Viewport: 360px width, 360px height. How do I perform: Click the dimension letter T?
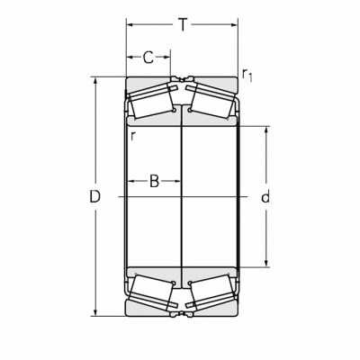pos(183,24)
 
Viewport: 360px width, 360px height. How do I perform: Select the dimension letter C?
pos(148,58)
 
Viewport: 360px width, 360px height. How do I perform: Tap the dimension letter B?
pos(154,181)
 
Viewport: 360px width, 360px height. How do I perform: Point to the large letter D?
pos(95,197)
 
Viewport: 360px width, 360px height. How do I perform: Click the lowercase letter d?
pos(265,197)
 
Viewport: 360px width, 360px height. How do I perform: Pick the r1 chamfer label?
pos(247,75)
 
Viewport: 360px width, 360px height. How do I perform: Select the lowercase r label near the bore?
pos(133,136)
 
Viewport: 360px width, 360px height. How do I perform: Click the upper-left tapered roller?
pos(151,101)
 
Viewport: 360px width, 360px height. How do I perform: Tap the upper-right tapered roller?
pos(211,101)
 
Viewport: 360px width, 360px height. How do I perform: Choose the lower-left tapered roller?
pos(151,292)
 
